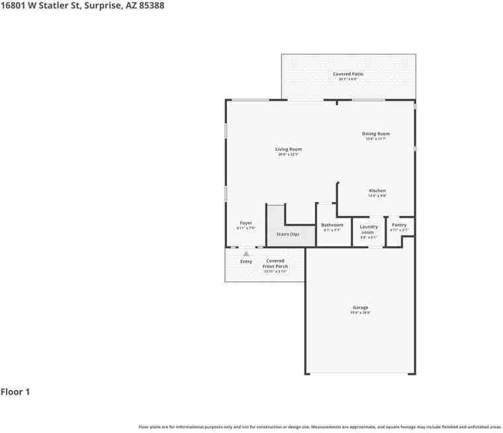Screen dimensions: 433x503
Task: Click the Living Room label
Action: tap(289, 149)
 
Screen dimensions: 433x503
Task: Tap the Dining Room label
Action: tap(375, 134)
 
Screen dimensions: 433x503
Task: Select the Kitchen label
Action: tap(377, 191)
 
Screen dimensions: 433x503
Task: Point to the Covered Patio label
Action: tap(348, 74)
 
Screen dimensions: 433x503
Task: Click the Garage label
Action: tap(360, 307)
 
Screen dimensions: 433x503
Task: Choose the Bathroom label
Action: tap(332, 225)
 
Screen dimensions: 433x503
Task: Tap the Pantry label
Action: tap(399, 225)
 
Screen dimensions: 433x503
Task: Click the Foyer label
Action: tap(246, 223)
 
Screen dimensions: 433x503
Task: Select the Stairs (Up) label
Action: tap(288, 234)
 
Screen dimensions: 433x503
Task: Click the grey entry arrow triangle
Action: tap(246, 253)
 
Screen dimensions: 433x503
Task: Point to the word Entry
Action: tap(246, 262)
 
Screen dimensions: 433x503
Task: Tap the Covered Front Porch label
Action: tap(275, 264)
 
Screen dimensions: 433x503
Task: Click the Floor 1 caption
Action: tap(15, 392)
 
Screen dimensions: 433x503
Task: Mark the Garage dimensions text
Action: tap(360, 313)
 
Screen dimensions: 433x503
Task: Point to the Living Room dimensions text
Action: tap(289, 154)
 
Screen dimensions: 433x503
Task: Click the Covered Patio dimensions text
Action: tap(348, 79)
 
